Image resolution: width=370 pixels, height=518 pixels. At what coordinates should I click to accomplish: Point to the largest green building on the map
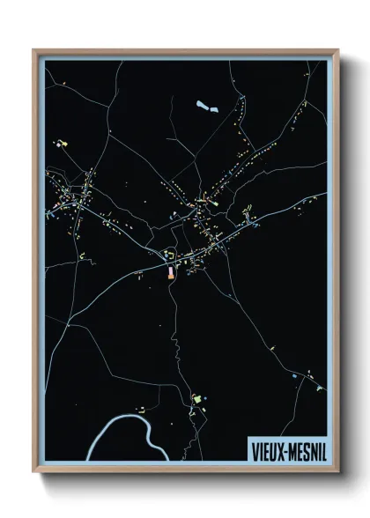[x=197, y=401]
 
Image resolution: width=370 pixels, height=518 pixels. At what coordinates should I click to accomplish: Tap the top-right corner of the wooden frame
[x=337, y=50]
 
